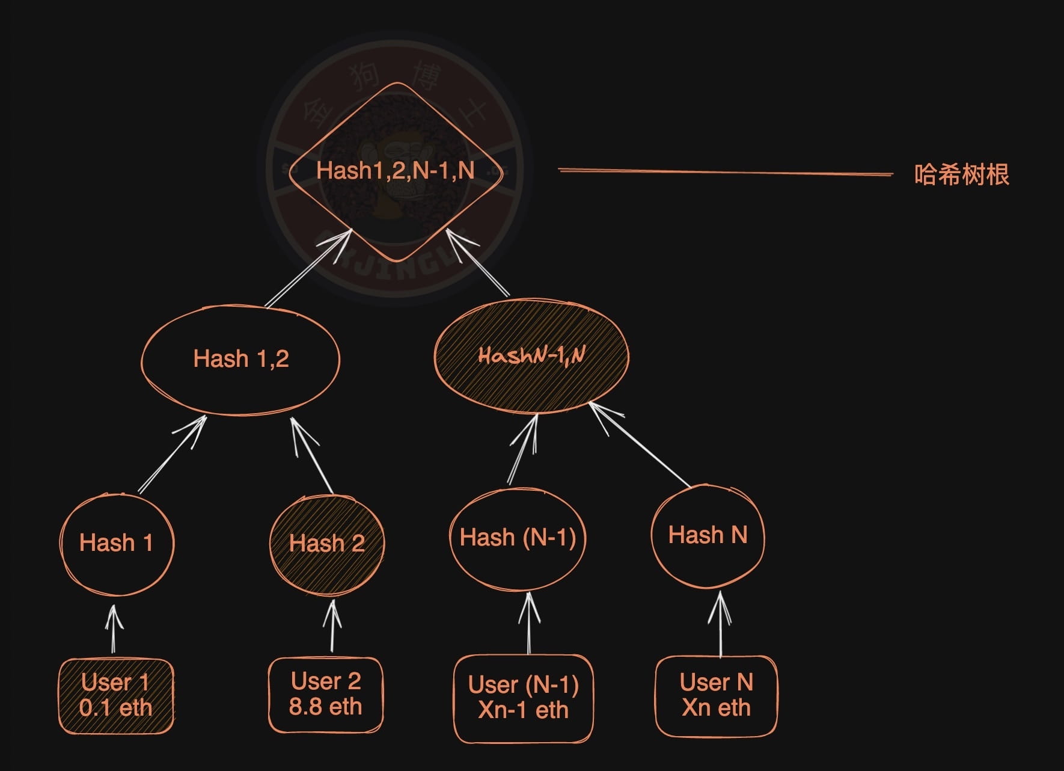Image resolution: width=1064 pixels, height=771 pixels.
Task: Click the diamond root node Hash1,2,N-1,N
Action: (x=396, y=171)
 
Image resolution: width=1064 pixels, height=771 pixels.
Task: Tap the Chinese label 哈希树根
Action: (x=961, y=174)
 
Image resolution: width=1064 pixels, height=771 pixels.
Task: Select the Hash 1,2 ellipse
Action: (x=240, y=359)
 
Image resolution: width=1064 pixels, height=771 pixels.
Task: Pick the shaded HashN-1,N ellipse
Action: (x=531, y=356)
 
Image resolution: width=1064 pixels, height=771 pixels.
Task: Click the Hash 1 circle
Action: (x=117, y=543)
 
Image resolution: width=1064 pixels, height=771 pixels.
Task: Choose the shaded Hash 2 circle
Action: (x=326, y=544)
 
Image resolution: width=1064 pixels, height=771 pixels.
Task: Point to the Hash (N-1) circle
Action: (x=518, y=538)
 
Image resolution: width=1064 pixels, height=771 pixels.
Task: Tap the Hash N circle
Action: (x=708, y=535)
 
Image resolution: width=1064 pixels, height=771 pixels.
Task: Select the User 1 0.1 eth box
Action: (x=116, y=696)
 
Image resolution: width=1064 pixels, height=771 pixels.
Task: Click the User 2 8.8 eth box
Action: (x=325, y=695)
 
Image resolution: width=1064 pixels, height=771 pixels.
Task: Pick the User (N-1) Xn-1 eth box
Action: (x=523, y=698)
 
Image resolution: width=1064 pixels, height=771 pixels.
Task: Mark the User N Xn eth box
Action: (x=716, y=695)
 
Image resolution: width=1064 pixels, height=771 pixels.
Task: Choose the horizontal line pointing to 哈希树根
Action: (x=725, y=173)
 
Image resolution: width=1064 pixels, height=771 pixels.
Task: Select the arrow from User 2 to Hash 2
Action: (x=332, y=625)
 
